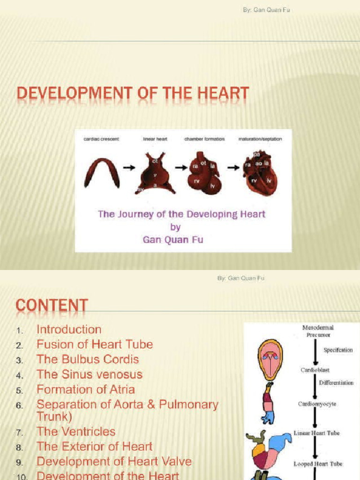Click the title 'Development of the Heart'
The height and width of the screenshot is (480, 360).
(x=133, y=94)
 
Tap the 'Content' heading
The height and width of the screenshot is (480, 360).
(x=52, y=306)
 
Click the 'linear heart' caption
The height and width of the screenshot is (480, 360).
(x=155, y=139)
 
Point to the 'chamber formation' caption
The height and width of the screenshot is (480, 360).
(x=204, y=139)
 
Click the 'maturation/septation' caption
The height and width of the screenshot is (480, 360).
(x=260, y=139)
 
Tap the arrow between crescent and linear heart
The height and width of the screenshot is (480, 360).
(x=129, y=167)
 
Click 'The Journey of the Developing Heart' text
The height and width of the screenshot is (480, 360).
(x=181, y=214)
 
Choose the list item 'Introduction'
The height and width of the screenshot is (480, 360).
(x=69, y=330)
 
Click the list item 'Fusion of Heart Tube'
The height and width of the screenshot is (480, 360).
(x=95, y=345)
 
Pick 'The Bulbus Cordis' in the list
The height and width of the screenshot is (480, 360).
(x=88, y=360)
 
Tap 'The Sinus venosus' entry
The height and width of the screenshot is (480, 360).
(x=90, y=375)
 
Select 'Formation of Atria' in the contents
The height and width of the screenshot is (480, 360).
(x=86, y=390)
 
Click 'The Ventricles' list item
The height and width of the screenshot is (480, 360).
(x=76, y=431)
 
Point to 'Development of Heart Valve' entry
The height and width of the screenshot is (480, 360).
(x=114, y=461)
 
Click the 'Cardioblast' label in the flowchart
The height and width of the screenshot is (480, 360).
(x=315, y=370)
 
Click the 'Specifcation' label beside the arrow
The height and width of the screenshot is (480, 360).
(x=338, y=350)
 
